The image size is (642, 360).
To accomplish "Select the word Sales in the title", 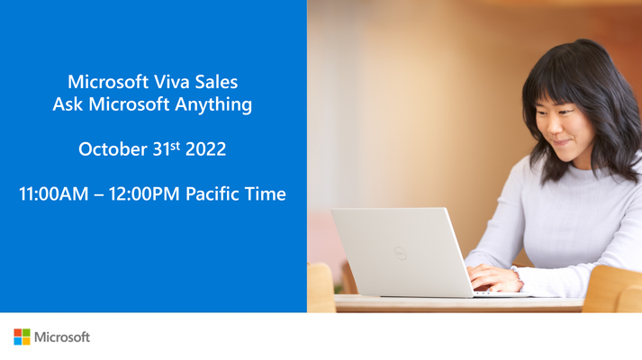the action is coord(216,82).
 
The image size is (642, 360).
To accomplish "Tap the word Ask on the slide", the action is coord(68,103).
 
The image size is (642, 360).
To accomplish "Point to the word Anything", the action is coord(213,104).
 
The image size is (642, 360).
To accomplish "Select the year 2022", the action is coord(205,148).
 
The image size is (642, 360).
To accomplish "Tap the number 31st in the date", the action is coord(167,148).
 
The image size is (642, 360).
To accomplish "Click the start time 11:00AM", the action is coord(54,193).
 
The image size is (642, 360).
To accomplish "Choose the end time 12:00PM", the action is coord(144,193).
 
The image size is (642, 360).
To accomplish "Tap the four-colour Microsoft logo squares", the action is coord(23,337).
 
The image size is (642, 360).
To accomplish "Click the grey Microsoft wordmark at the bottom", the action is coord(62,337).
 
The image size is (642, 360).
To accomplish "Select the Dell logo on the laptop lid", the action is coord(401,253).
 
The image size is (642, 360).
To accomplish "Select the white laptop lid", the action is coord(402,252).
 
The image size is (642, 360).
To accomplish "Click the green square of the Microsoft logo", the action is coord(26,333).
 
